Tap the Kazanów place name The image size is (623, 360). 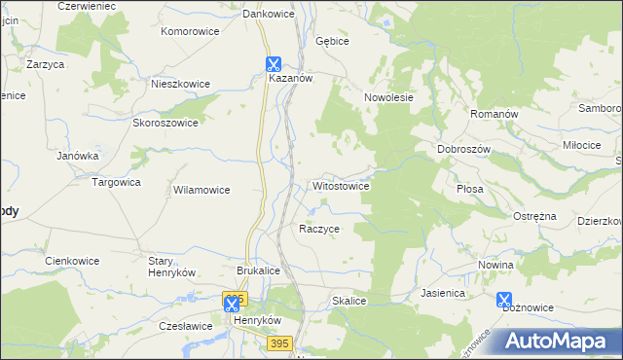[x=289, y=80]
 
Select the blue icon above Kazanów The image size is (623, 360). [x=275, y=64]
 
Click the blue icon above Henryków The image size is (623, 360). [x=232, y=305]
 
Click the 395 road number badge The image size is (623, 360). [x=280, y=343]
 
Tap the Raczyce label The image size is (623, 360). [x=319, y=229]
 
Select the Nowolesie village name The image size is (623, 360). [x=389, y=97]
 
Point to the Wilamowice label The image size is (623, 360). [x=202, y=191]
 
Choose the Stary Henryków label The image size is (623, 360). [x=172, y=267]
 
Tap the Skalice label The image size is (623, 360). [x=348, y=302]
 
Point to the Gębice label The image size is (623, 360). [x=332, y=42]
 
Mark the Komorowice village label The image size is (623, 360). [x=190, y=31]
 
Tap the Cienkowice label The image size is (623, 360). [x=73, y=261]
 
